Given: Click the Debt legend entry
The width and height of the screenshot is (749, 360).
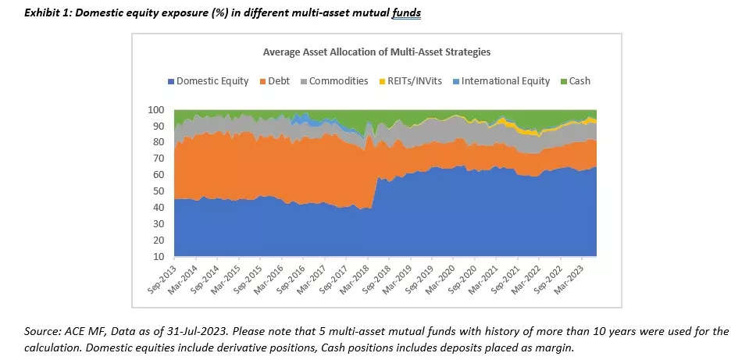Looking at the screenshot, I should click(280, 80).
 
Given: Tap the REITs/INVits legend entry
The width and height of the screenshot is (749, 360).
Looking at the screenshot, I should click(413, 80).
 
